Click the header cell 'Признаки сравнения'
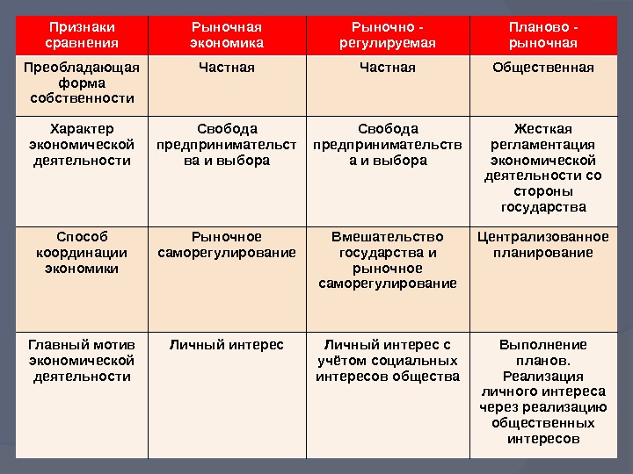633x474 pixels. (x=81, y=35)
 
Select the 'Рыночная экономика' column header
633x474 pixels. (x=226, y=35)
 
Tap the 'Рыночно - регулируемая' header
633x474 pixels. (x=388, y=35)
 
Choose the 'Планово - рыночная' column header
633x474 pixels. (x=542, y=35)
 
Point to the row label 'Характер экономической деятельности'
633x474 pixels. (x=82, y=145)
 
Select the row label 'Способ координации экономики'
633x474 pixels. (x=82, y=253)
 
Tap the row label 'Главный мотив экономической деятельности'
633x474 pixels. (x=82, y=360)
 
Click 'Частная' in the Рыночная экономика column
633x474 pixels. (x=226, y=68)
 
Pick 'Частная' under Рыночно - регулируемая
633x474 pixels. (x=388, y=68)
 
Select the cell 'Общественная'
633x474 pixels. (x=542, y=68)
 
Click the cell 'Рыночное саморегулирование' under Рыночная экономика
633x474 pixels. (x=226, y=245)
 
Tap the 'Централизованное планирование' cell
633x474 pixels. (x=542, y=245)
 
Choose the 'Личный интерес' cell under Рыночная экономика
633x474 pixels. (x=226, y=345)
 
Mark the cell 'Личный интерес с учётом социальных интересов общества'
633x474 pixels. (x=388, y=360)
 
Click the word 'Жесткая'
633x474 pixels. (x=542, y=129)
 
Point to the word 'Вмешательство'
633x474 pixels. (x=388, y=237)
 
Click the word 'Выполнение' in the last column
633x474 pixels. (x=542, y=345)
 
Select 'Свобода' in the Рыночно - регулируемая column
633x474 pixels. (x=388, y=129)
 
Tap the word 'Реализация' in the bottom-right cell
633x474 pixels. (x=542, y=376)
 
